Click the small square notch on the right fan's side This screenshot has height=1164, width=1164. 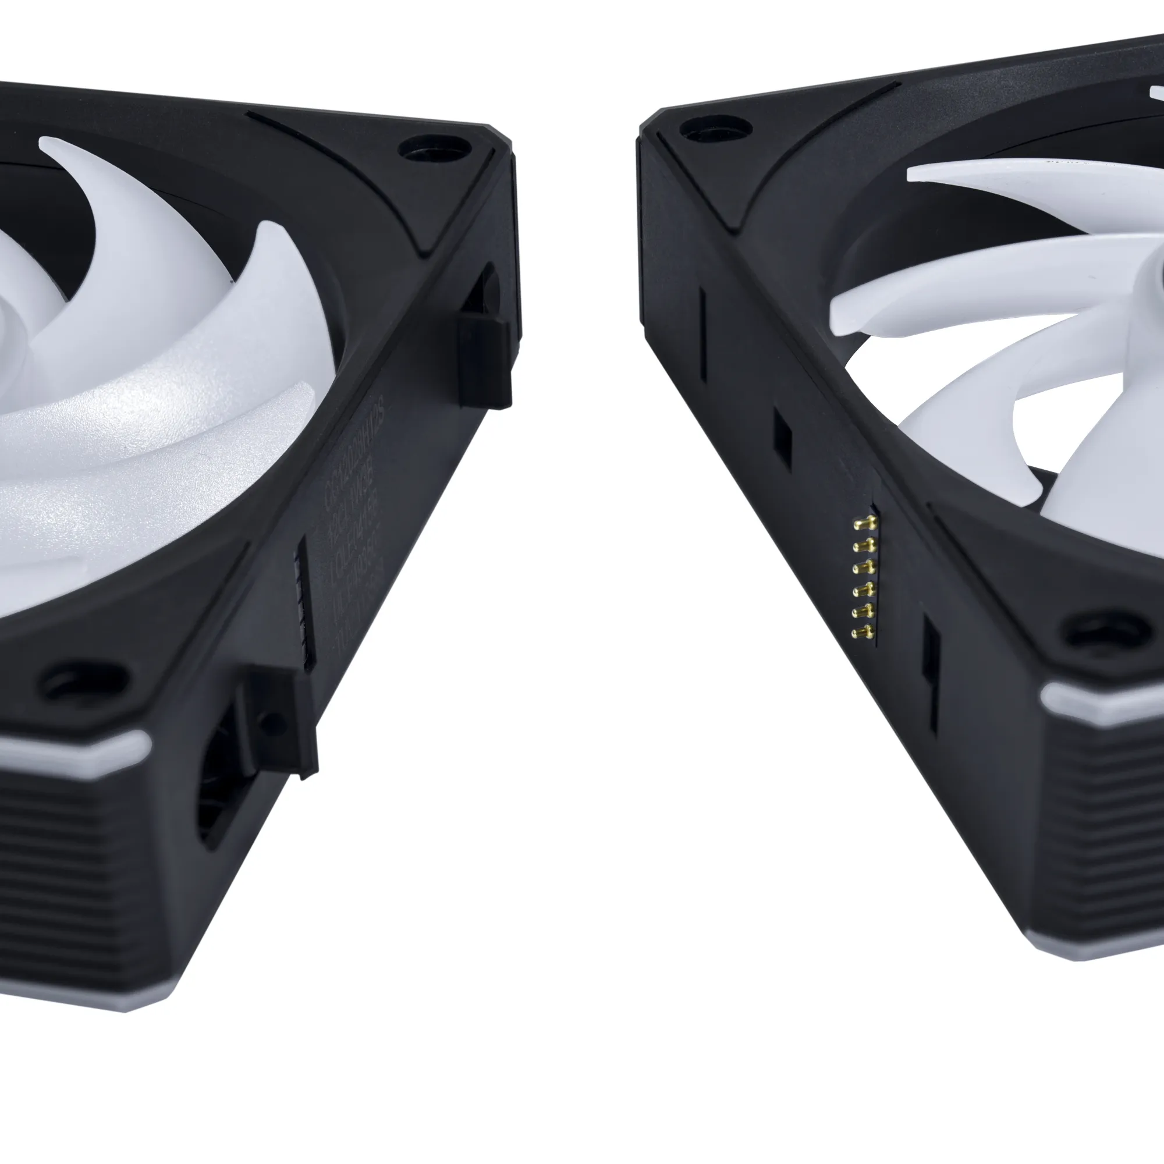click(782, 439)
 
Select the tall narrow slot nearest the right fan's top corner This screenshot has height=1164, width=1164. click(702, 335)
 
